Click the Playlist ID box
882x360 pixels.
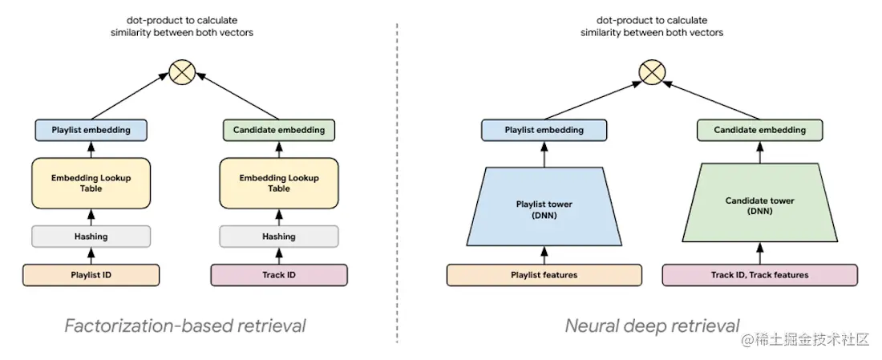[x=91, y=275]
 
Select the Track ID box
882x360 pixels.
[x=279, y=275]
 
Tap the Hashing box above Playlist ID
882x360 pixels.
[x=91, y=237]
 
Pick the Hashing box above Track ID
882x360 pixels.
[x=279, y=237]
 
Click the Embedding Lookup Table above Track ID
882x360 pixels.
[x=279, y=183]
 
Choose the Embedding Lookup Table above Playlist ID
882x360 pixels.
[x=91, y=183]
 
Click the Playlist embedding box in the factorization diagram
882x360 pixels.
[x=91, y=130]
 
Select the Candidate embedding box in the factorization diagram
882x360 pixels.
[x=279, y=130]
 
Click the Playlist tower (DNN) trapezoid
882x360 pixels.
[x=544, y=208]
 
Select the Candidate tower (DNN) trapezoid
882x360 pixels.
[x=760, y=206]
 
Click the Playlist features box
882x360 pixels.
[x=544, y=275]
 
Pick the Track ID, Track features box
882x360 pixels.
[x=760, y=275]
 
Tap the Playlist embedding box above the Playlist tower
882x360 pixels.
[x=544, y=130]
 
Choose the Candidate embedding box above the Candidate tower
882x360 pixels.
[x=760, y=130]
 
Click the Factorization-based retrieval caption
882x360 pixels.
[x=185, y=326]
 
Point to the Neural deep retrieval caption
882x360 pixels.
[x=653, y=326]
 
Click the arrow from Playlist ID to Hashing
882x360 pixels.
[x=91, y=256]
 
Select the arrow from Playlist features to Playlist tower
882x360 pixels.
[x=544, y=255]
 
